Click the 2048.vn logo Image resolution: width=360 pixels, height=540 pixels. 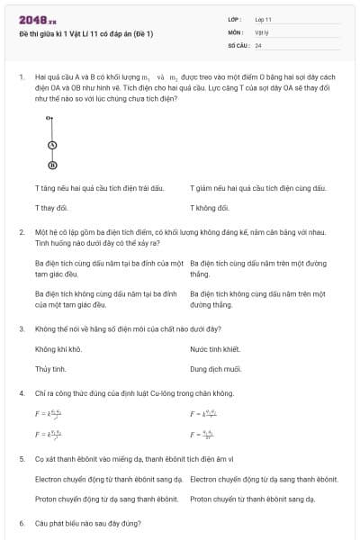point(38,19)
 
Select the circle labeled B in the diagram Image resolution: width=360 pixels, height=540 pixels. point(52,166)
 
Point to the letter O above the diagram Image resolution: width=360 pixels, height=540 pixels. point(50,118)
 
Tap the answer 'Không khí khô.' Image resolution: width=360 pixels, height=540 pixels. point(58,349)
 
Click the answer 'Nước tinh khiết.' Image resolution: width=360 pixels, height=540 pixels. point(215,349)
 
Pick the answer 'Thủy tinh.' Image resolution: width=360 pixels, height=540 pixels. point(50,369)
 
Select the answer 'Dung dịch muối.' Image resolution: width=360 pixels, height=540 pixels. point(215,369)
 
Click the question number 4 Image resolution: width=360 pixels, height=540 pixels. point(21,393)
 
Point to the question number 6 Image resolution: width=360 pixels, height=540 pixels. point(21,523)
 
